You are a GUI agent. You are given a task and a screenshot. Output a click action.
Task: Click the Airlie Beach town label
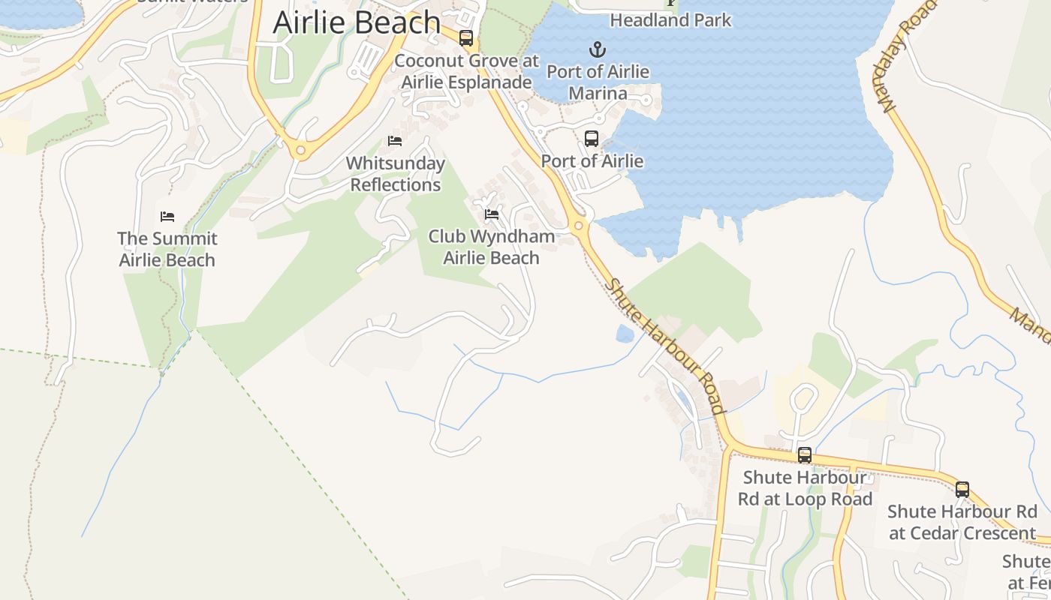pos(356,22)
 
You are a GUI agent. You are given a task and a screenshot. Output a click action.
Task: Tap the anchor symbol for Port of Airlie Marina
pos(597,50)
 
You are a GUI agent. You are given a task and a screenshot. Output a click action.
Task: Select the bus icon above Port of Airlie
pos(592,139)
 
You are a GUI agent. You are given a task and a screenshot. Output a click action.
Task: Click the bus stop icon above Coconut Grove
pos(466,38)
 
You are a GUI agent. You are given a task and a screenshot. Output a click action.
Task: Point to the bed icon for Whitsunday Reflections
pos(395,141)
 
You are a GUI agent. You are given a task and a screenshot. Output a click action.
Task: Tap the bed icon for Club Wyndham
pos(492,214)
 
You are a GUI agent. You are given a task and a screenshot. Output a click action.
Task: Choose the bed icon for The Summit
pos(167,217)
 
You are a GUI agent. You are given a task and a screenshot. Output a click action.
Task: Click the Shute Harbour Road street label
pos(666,346)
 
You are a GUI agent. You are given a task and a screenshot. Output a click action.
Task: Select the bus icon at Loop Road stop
pos(805,454)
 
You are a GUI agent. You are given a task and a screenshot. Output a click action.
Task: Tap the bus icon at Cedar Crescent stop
pos(962,490)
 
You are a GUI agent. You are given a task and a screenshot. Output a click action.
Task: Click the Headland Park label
pos(670,20)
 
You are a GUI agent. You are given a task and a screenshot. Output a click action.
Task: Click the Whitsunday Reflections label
pos(396,174)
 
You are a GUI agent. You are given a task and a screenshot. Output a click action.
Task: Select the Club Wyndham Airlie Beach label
pos(492,247)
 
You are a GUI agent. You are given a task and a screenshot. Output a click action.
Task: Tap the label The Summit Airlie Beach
pos(167,250)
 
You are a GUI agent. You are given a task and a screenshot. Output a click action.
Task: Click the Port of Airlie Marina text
pos(598,82)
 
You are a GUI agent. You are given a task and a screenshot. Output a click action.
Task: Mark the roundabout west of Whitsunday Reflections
pos(301,151)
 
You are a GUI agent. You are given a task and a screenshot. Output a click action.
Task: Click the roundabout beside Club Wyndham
pos(578,226)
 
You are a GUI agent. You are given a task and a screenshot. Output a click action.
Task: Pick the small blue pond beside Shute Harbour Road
pos(625,334)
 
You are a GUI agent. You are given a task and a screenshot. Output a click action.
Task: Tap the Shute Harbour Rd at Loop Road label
pos(805,488)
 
